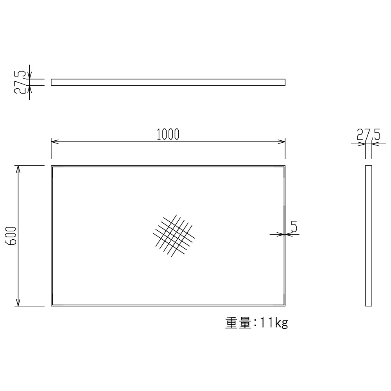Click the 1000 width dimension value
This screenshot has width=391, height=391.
(x=168, y=134)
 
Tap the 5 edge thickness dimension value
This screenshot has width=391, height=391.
(x=294, y=227)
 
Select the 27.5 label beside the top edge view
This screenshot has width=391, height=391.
(x=20, y=82)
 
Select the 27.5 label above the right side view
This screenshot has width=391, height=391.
(x=369, y=134)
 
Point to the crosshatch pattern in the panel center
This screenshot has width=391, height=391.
(x=174, y=236)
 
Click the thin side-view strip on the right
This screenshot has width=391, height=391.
(x=369, y=236)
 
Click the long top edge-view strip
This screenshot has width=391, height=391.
(x=168, y=82)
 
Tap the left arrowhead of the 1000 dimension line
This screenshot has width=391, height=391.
(x=54, y=142)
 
